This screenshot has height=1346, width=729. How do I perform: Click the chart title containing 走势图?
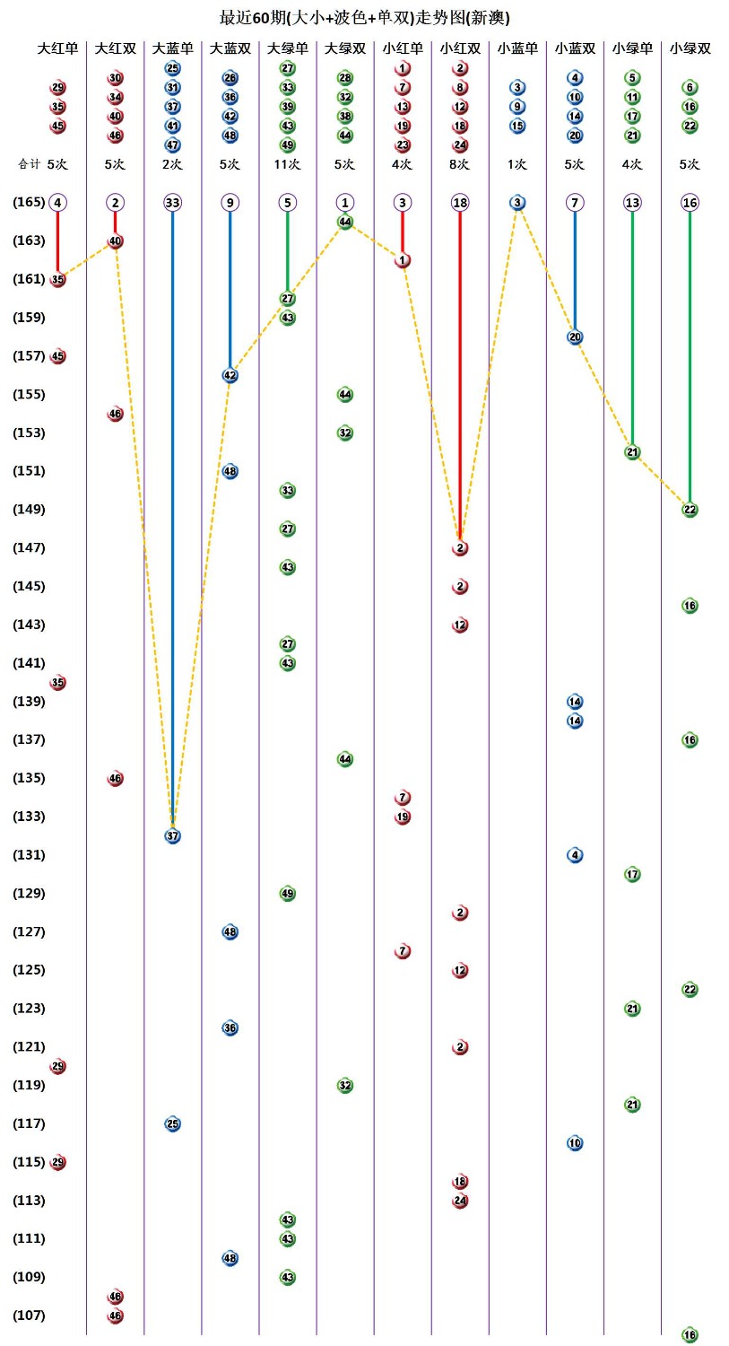[x=364, y=17]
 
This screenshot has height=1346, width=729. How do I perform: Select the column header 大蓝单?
[x=173, y=48]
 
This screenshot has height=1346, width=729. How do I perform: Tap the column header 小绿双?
[x=690, y=48]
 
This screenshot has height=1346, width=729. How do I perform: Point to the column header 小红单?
[x=403, y=48]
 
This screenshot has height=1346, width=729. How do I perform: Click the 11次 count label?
[x=288, y=164]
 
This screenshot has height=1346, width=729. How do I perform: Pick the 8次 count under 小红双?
[x=460, y=164]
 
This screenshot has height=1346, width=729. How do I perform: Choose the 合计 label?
[x=30, y=164]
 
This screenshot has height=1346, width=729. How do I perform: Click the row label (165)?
[x=29, y=203]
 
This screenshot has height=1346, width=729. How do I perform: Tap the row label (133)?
[x=29, y=817]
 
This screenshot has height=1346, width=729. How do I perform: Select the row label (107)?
[x=29, y=1315]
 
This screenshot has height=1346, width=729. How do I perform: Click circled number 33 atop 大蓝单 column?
[x=173, y=203]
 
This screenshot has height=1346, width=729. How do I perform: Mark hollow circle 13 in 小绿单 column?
[x=632, y=203]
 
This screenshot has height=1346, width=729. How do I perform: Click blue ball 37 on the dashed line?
[x=173, y=835]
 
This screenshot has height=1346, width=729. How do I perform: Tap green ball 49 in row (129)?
[x=288, y=894]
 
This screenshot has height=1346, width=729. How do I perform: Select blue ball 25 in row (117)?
[x=173, y=1123]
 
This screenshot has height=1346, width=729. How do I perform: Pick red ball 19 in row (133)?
[x=403, y=817]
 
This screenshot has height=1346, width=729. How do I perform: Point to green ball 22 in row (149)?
[x=690, y=510]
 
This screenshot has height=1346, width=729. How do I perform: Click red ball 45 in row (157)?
[x=58, y=356]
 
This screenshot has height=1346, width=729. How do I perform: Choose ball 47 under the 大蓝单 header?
[x=173, y=144]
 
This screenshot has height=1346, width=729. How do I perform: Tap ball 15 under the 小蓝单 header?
[x=517, y=126]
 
